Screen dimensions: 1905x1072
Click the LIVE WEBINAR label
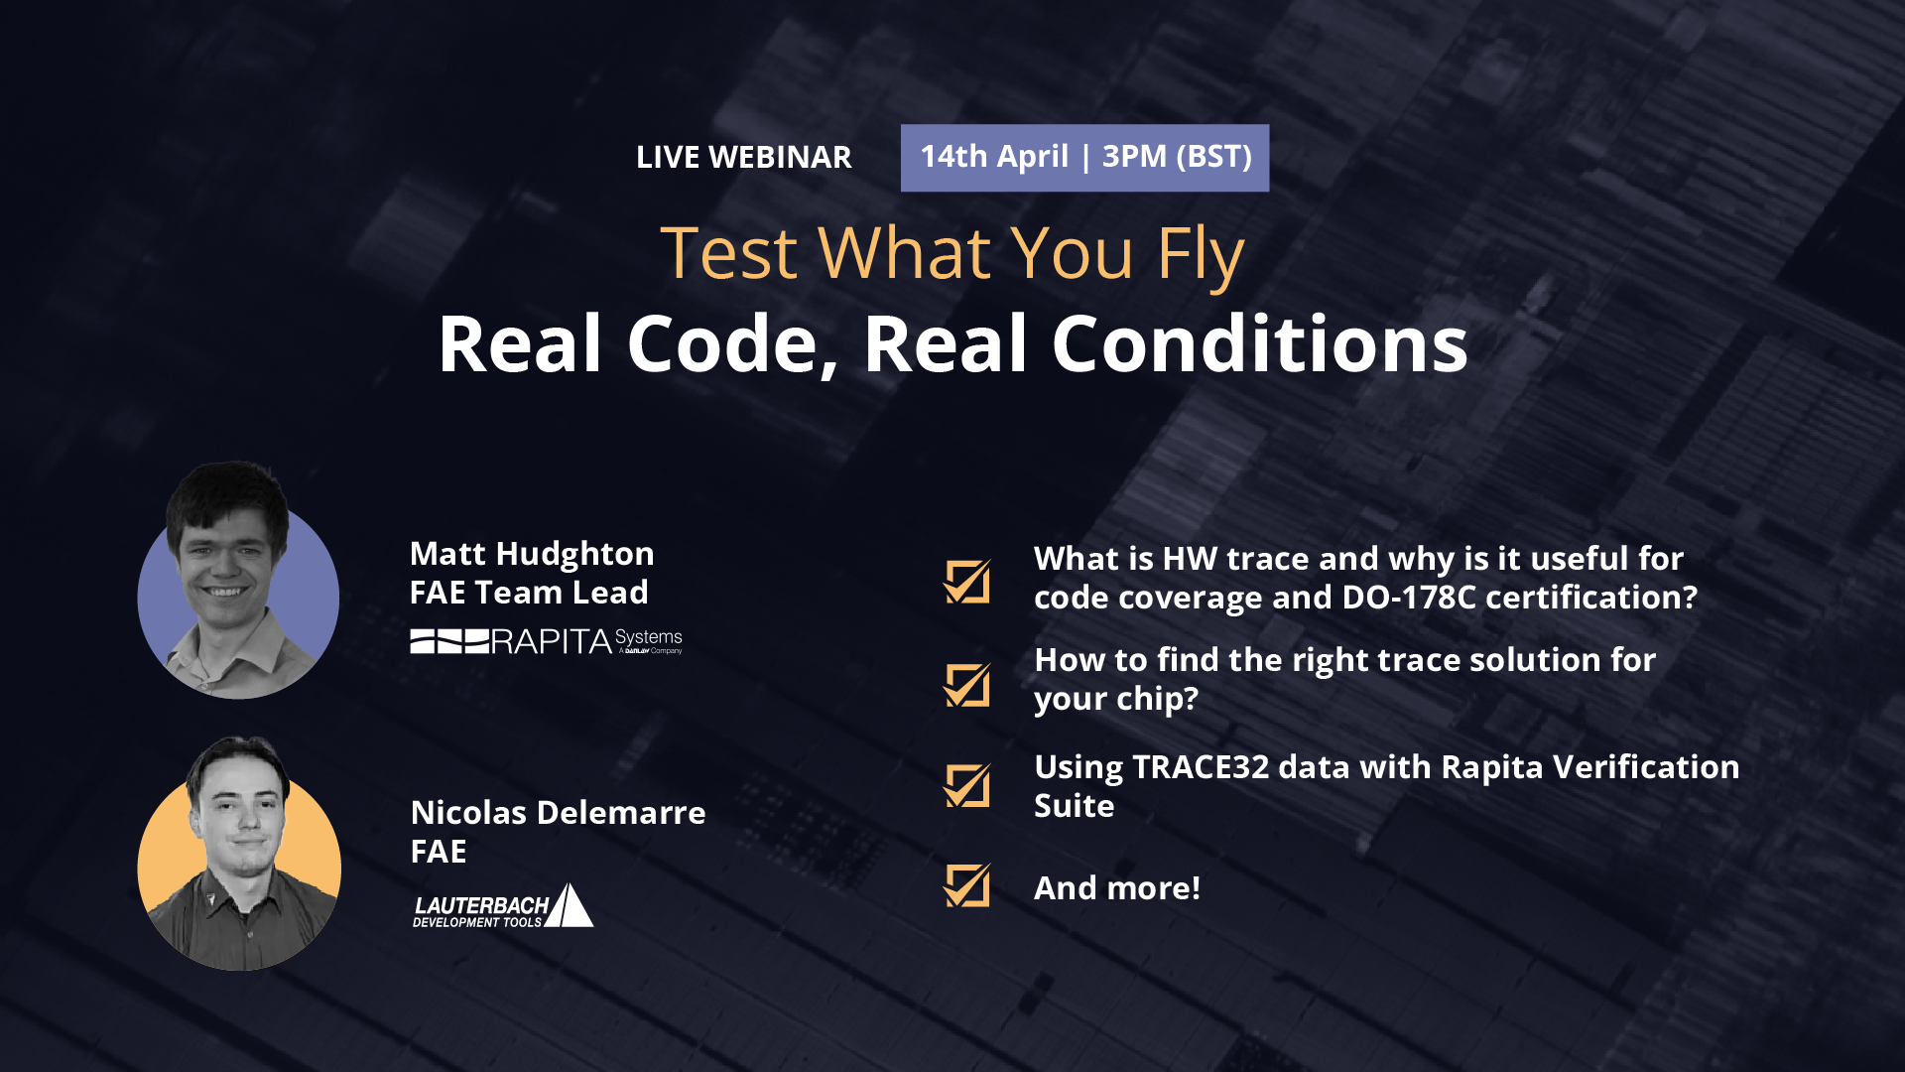click(x=743, y=157)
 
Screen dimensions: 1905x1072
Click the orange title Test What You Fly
click(x=952, y=253)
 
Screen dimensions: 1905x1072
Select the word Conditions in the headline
click(x=1259, y=343)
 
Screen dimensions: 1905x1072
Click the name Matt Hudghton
click(x=532, y=554)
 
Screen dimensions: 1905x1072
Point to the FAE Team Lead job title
click(x=529, y=593)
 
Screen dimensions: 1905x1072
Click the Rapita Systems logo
click(x=547, y=641)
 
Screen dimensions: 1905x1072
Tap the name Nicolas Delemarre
click(x=558, y=812)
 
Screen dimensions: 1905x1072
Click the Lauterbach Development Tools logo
click(x=503, y=905)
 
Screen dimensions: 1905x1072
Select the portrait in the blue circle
click(x=238, y=582)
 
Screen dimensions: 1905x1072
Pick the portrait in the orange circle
click(x=239, y=854)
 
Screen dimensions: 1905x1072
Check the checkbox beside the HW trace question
click(x=967, y=582)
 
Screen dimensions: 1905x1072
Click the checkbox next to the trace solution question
click(x=967, y=685)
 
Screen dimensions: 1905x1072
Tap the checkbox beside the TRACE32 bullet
click(x=967, y=786)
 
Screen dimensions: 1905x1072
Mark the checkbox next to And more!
click(x=967, y=885)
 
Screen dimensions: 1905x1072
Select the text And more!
click(x=1117, y=887)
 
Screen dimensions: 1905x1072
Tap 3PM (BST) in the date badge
click(x=1177, y=156)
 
